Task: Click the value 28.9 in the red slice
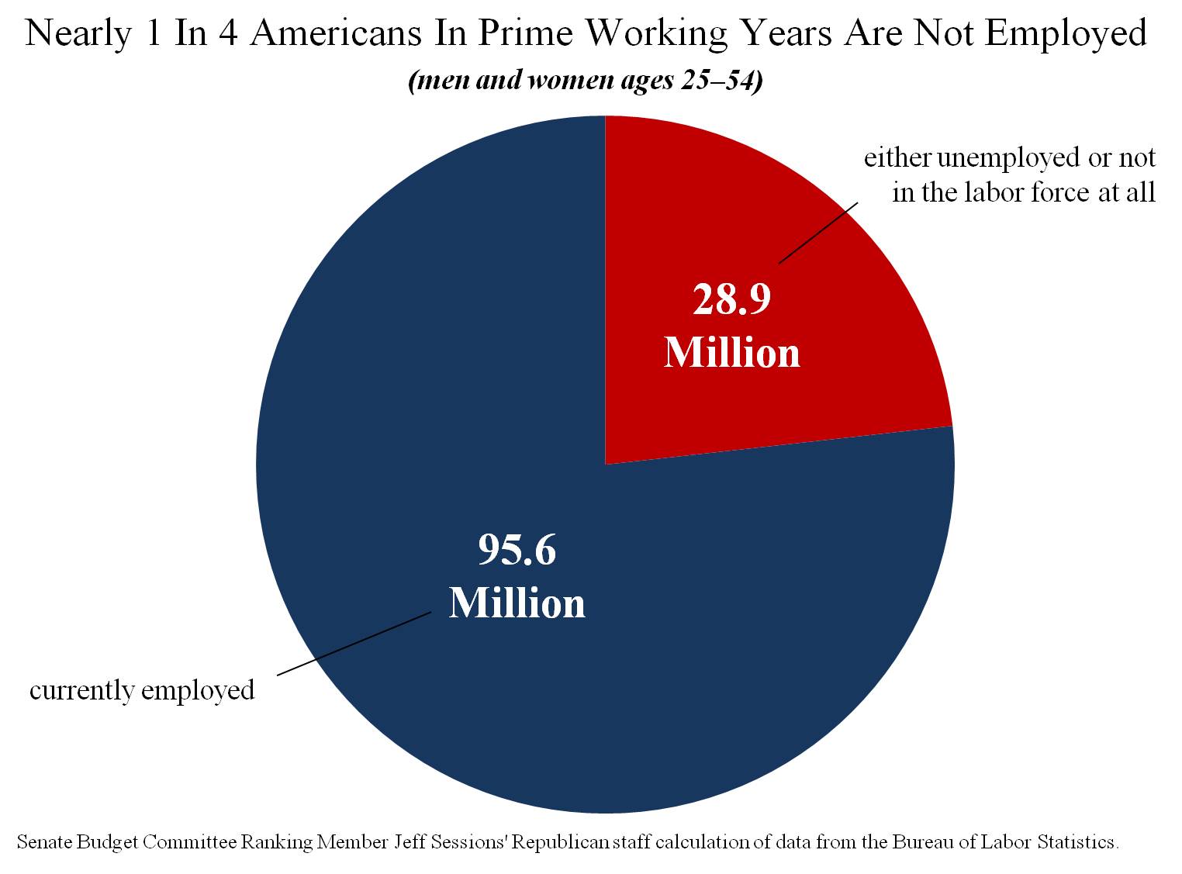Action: click(x=731, y=299)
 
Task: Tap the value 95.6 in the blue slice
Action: click(x=517, y=550)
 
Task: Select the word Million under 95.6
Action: click(x=517, y=603)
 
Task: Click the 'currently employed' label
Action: click(x=142, y=690)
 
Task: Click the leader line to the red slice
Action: click(x=818, y=233)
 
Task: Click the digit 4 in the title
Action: click(x=227, y=34)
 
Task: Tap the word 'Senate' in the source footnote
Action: click(x=44, y=842)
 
